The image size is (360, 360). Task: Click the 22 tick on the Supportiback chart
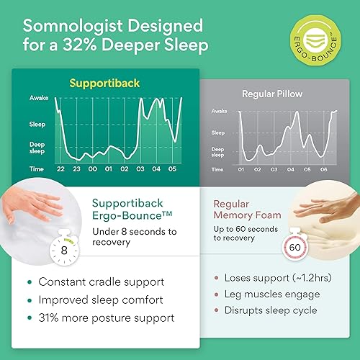pyautogui.click(x=60, y=168)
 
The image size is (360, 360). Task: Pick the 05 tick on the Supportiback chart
pyautogui.click(x=171, y=168)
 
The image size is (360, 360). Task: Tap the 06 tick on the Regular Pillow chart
pyautogui.click(x=323, y=169)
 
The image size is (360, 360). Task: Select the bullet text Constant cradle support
pyautogui.click(x=102, y=282)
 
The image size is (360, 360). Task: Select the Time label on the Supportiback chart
pyautogui.click(x=37, y=168)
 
